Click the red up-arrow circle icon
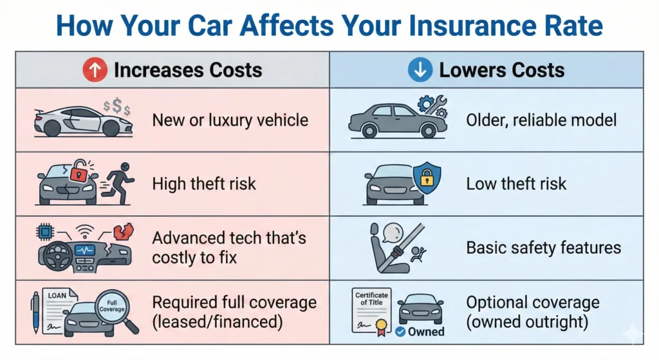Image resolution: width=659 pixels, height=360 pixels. point(95,70)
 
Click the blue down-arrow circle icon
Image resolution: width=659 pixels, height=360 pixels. point(420,70)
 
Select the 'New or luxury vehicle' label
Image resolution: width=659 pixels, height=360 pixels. point(230,120)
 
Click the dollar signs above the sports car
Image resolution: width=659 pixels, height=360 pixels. point(117,106)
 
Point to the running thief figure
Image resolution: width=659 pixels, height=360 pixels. point(119,183)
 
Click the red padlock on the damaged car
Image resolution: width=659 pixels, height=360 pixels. point(78,170)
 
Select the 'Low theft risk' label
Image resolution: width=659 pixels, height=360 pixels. point(516,184)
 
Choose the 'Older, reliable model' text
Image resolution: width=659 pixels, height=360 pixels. point(541,120)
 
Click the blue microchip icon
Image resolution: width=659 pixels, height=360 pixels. point(46,232)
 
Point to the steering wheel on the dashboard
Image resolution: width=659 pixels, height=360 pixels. point(57,256)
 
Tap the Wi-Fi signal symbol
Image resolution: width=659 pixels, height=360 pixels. point(84,231)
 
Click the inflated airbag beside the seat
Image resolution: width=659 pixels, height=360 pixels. point(393,232)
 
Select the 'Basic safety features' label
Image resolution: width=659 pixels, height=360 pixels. point(543,248)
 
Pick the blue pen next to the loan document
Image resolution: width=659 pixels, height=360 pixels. point(35,313)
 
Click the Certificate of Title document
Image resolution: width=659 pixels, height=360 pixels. point(371,310)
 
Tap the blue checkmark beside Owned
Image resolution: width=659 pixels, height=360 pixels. point(400,332)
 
